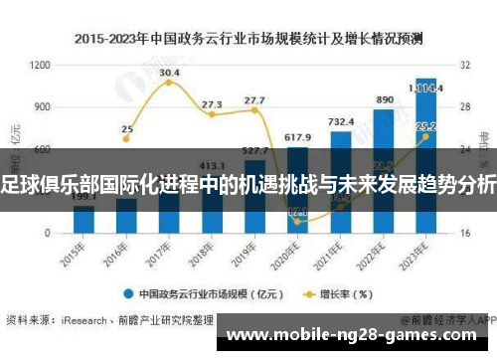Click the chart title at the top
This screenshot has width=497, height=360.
(248, 39)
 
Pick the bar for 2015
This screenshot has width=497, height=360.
(84, 219)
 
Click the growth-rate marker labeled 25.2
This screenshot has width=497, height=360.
(425, 137)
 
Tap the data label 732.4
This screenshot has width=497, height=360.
(341, 121)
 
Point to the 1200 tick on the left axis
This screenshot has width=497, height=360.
(40, 65)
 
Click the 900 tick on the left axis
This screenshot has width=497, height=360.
(42, 106)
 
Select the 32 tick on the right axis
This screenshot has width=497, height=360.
(465, 65)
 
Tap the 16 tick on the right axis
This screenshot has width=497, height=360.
(465, 233)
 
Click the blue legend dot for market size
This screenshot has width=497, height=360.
(129, 293)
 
